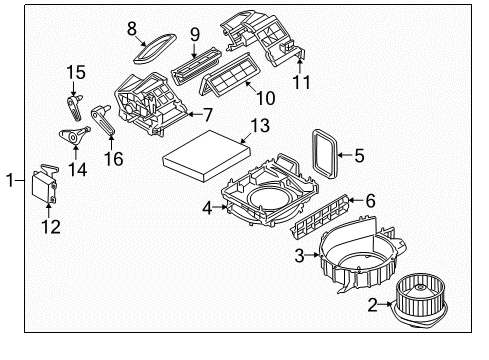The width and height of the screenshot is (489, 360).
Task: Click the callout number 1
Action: [11, 180]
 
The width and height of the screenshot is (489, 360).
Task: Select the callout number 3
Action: [298, 255]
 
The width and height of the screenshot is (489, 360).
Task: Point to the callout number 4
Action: [207, 208]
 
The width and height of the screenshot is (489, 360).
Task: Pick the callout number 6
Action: [369, 201]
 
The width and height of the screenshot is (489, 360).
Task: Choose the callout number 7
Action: [208, 116]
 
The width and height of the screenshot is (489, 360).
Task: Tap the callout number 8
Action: [131, 29]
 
